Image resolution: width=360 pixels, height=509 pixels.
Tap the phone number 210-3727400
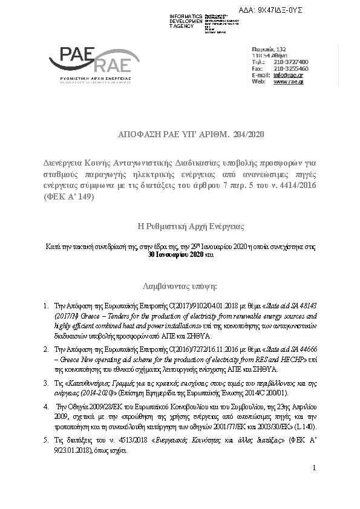(291, 62)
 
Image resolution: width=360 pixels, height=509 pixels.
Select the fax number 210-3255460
(291, 68)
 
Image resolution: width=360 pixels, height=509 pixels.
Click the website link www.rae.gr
(289, 82)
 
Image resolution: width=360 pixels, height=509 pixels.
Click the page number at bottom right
(315, 468)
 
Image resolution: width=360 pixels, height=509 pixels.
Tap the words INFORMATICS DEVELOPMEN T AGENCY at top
(186, 19)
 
